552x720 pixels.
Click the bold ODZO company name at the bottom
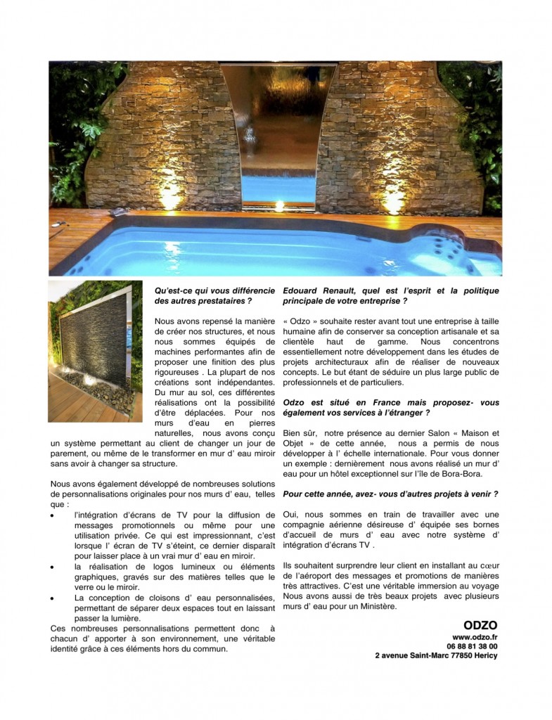pos(480,624)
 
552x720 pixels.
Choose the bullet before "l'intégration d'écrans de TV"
pos(54,516)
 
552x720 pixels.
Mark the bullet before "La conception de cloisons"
pos(54,598)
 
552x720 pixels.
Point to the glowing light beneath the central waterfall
pos(279,206)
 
